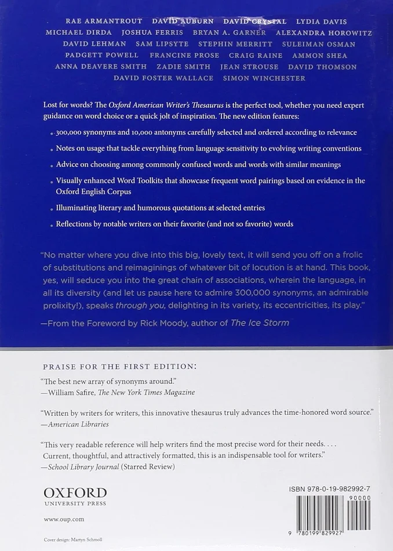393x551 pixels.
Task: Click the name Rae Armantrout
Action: pos(100,21)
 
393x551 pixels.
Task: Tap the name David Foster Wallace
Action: pos(163,78)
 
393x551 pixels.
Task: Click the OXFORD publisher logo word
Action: pos(75,492)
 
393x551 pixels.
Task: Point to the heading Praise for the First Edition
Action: pos(119,367)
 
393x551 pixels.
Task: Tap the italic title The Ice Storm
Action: pos(260,323)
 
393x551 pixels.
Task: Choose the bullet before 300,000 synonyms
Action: pos(50,133)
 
